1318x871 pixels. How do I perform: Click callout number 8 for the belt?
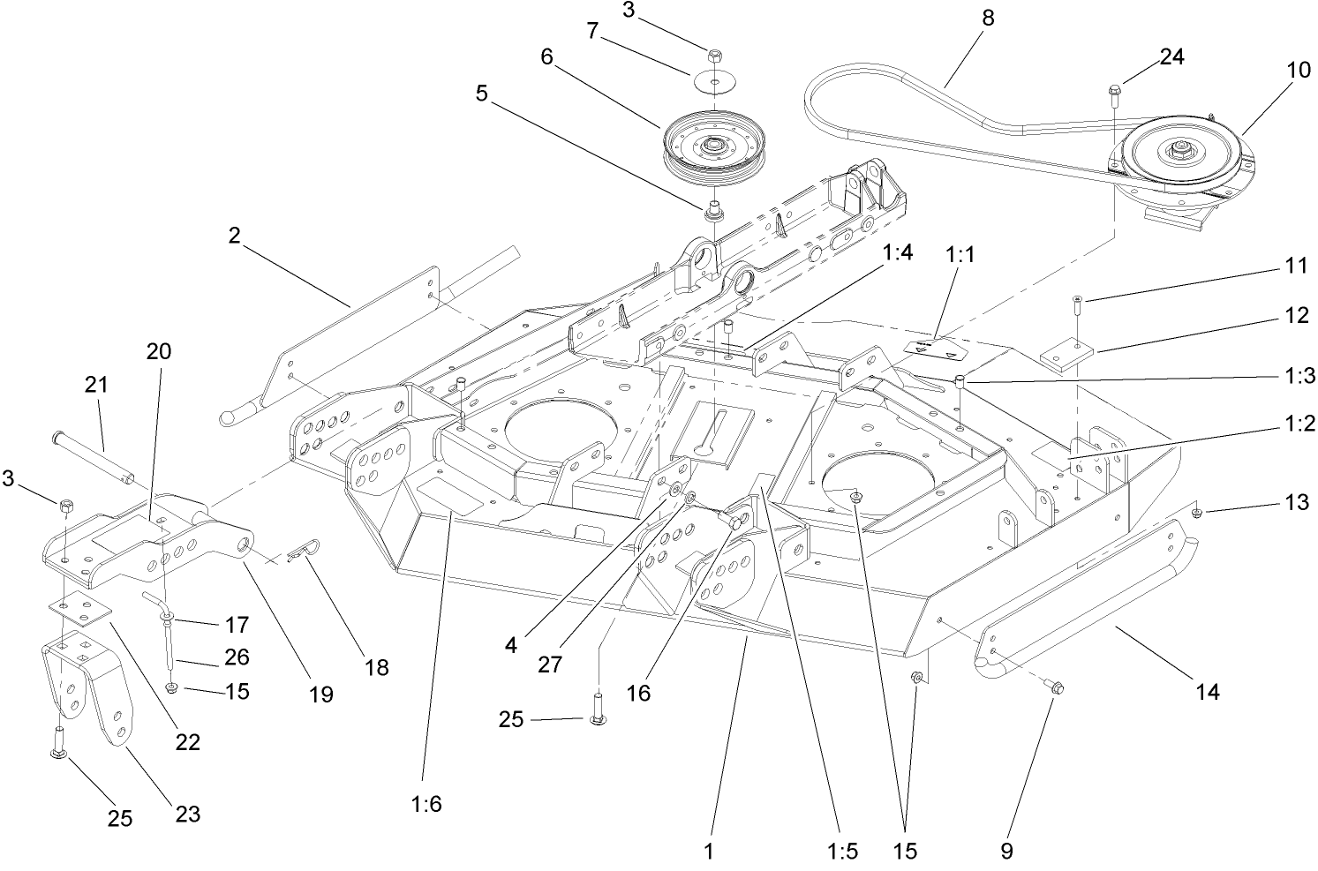(987, 19)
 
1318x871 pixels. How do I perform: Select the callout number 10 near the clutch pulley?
(1299, 71)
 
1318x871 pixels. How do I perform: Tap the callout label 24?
(1171, 56)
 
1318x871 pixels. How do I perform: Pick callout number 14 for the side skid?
(1207, 692)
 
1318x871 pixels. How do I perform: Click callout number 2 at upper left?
(233, 236)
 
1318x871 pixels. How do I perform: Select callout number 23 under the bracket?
(187, 813)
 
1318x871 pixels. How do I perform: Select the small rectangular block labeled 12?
(1066, 355)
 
